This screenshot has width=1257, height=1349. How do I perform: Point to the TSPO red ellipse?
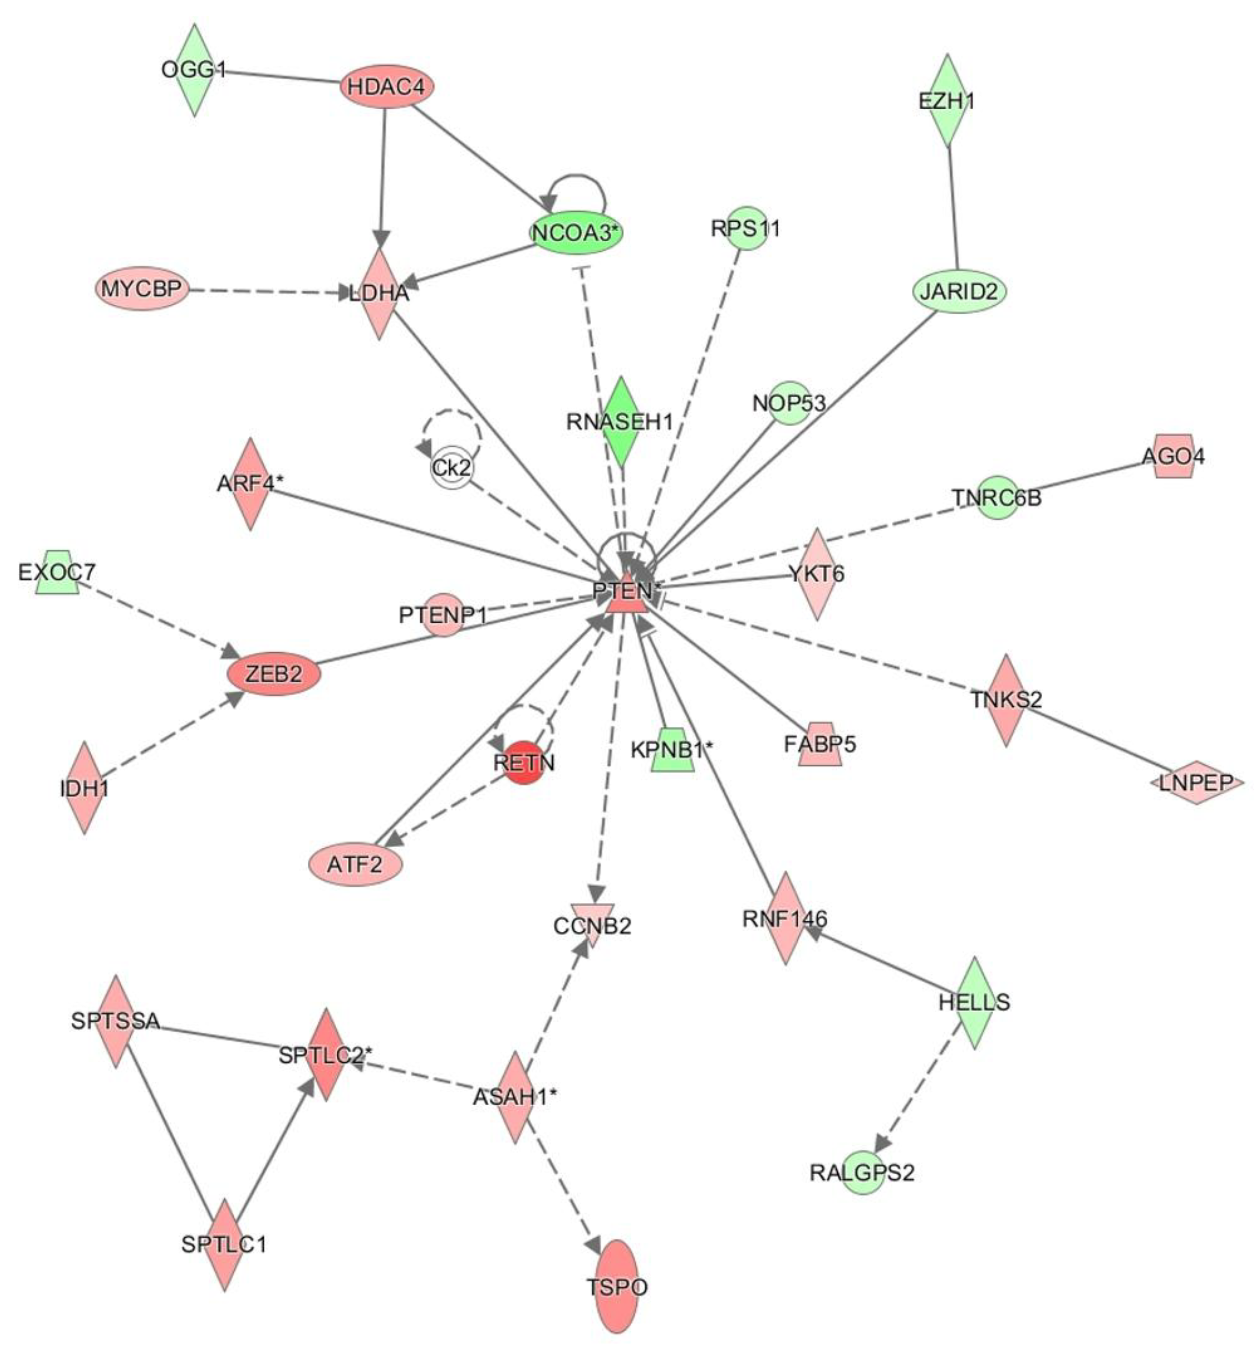coord(616,1287)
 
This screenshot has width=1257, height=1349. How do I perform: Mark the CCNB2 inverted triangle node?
coord(592,924)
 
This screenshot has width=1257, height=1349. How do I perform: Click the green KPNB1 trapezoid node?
coord(672,750)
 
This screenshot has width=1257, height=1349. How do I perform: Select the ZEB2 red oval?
coord(273,674)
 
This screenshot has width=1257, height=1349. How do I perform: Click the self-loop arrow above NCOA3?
coord(577,177)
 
